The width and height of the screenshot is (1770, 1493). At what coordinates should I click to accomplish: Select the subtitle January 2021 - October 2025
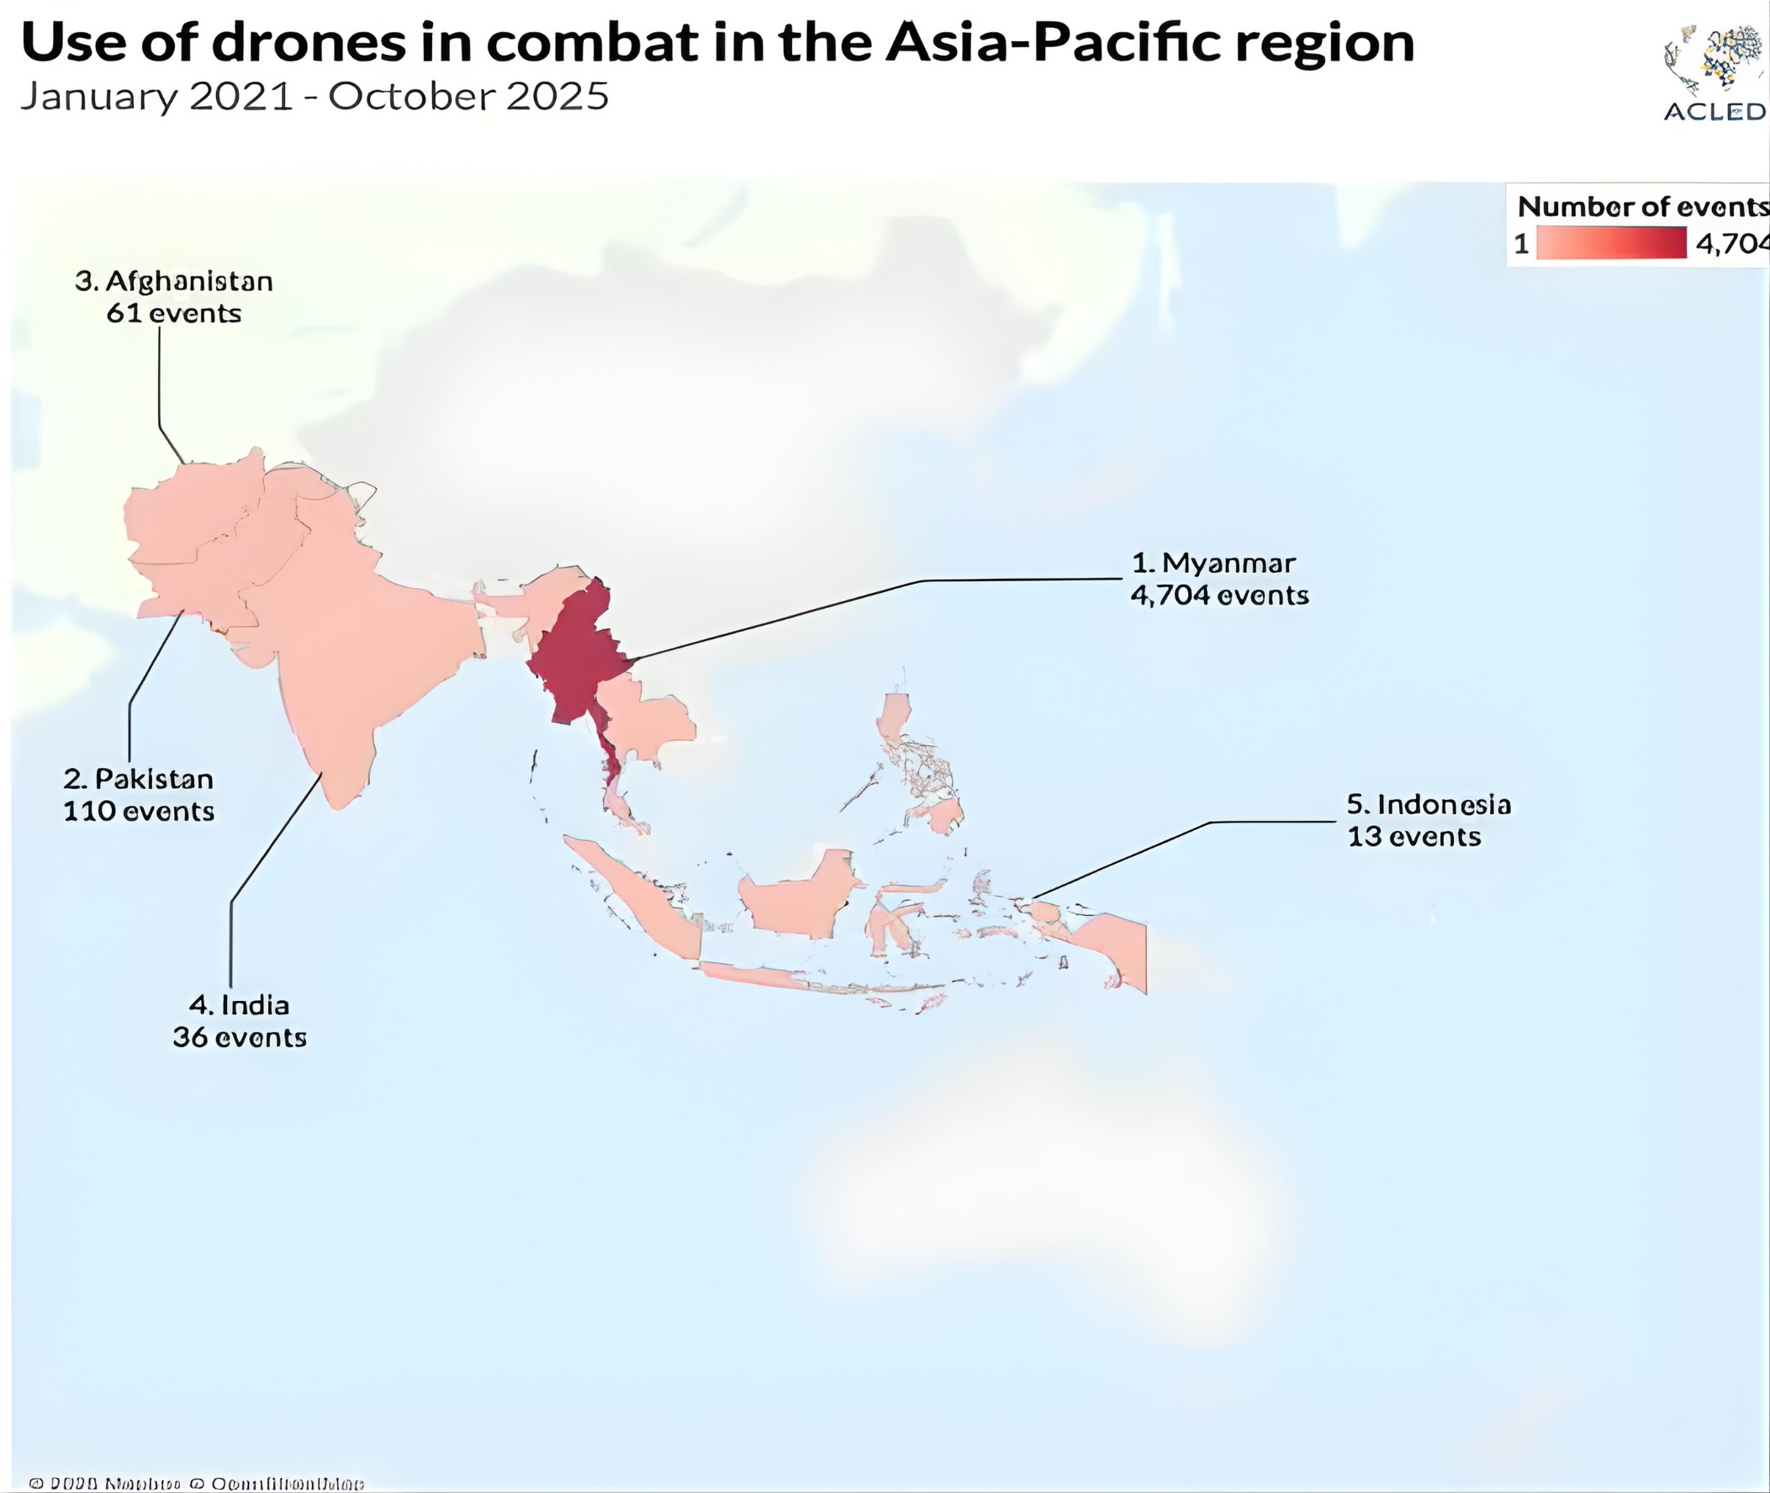314,97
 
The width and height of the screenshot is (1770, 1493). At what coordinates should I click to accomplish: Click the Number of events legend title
1641,207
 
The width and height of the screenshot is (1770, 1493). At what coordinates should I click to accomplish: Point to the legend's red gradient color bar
1611,244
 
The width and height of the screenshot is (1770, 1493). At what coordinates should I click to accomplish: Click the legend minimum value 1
1521,245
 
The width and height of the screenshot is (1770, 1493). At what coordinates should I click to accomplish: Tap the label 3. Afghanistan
174,281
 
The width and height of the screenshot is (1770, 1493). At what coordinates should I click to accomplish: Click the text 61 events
174,313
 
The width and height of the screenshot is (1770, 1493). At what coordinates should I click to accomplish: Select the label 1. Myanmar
1213,563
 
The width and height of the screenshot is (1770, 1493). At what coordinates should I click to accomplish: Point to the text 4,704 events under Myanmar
1219,595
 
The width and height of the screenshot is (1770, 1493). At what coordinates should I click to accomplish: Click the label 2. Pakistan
139,779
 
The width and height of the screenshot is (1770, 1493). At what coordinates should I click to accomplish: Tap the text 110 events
139,811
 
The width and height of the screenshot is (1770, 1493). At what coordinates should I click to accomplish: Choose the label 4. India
240,1004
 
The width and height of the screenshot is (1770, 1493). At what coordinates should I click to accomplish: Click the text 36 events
240,1037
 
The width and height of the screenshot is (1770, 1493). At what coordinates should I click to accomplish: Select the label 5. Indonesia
1428,804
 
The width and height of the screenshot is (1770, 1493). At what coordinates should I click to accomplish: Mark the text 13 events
1413,836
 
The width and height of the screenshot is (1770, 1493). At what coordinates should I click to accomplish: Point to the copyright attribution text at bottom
196,1483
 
